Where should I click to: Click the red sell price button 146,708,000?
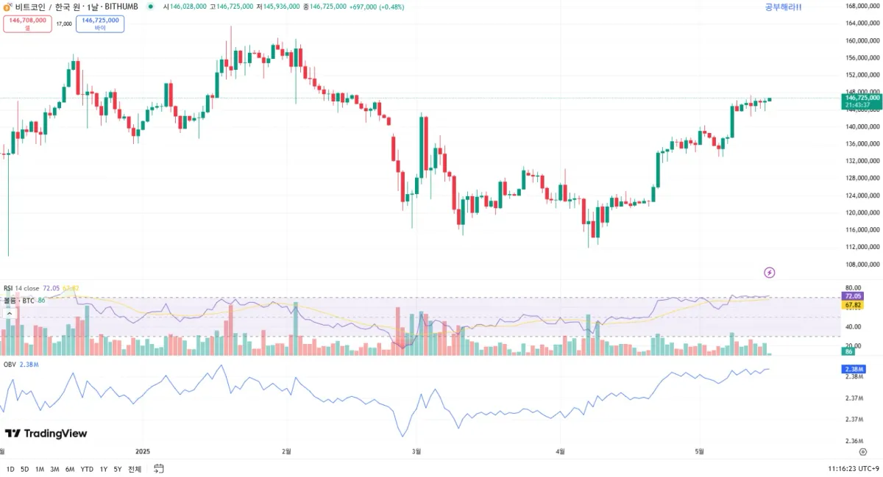tap(27, 24)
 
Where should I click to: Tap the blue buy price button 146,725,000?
tap(100, 24)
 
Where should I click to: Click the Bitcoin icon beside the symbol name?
tap(7, 7)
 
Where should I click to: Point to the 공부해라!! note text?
tap(783, 7)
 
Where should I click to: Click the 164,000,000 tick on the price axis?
tap(862, 24)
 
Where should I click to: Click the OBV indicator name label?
tap(10, 364)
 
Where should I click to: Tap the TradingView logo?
tap(46, 434)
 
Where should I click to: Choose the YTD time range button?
tap(87, 469)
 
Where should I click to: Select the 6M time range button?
tap(70, 469)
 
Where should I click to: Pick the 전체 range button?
tap(135, 469)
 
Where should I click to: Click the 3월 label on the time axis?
tap(416, 451)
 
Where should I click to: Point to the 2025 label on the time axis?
tap(143, 451)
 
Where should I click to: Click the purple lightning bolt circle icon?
tap(770, 273)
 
